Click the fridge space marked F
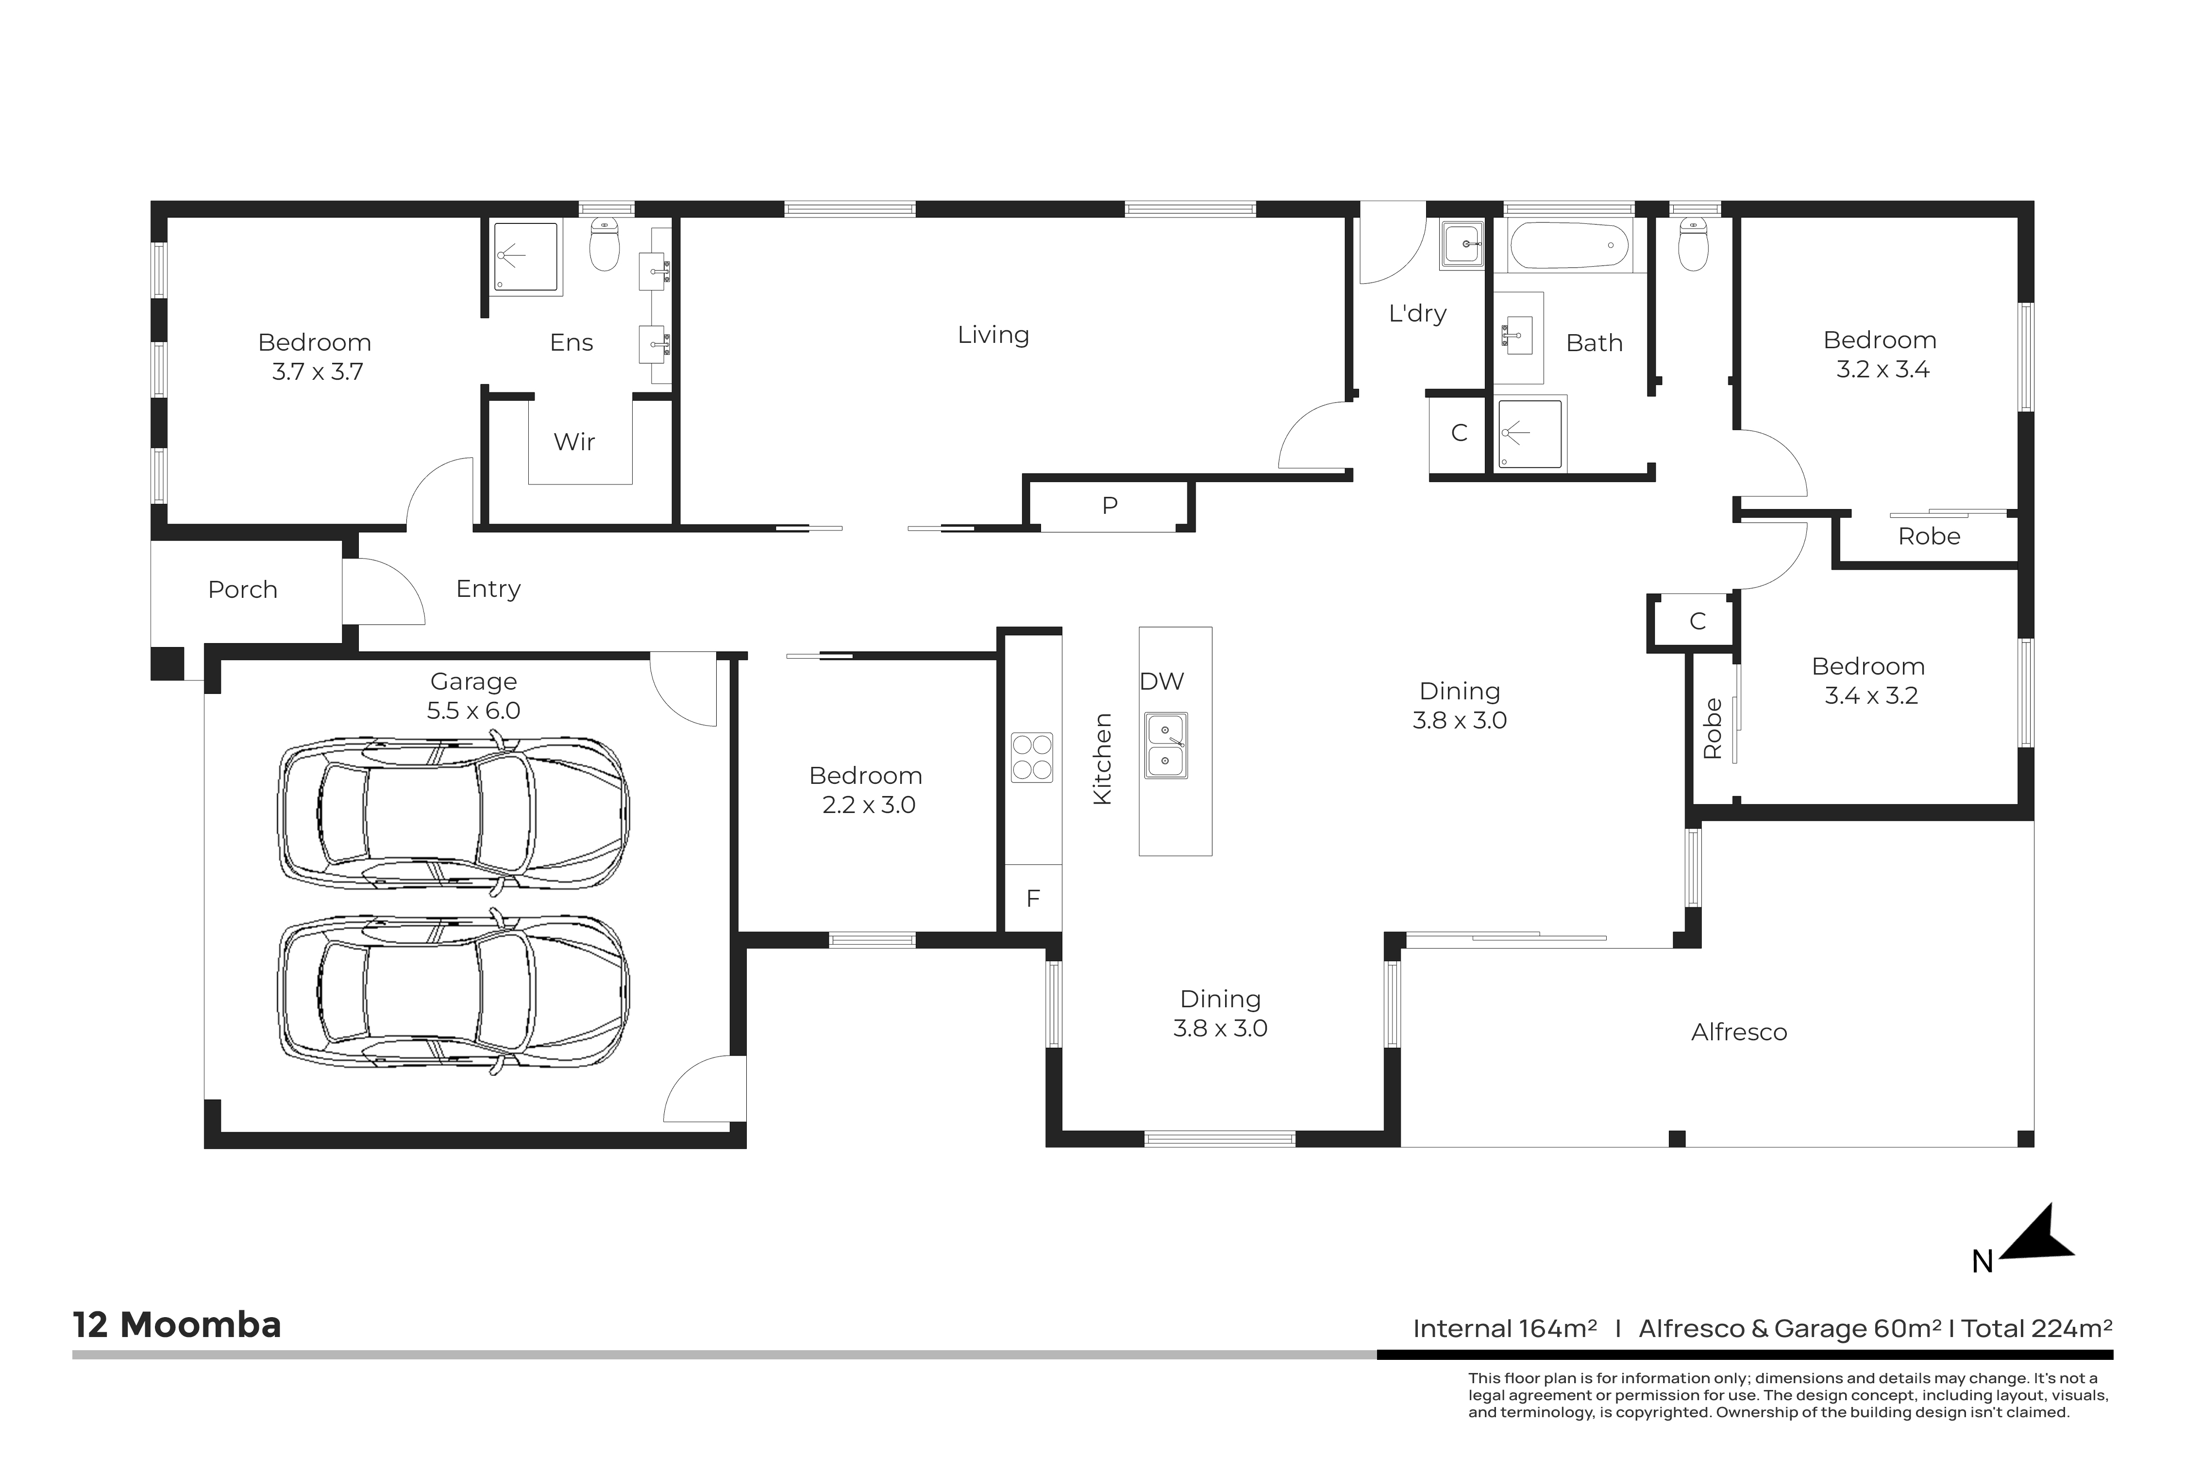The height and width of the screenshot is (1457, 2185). pyautogui.click(x=1033, y=898)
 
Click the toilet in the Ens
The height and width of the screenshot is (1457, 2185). pyautogui.click(x=605, y=244)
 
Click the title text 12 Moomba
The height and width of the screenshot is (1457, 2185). pyautogui.click(x=177, y=1325)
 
